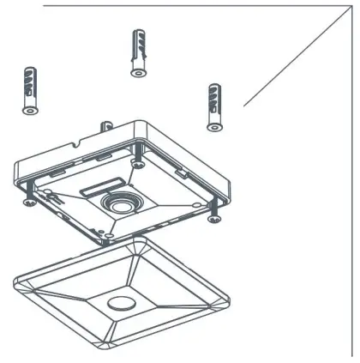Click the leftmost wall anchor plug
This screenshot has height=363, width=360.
click(x=29, y=86)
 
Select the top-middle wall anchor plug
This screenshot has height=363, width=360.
click(x=138, y=51)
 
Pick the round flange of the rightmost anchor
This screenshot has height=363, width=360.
click(x=213, y=127)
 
